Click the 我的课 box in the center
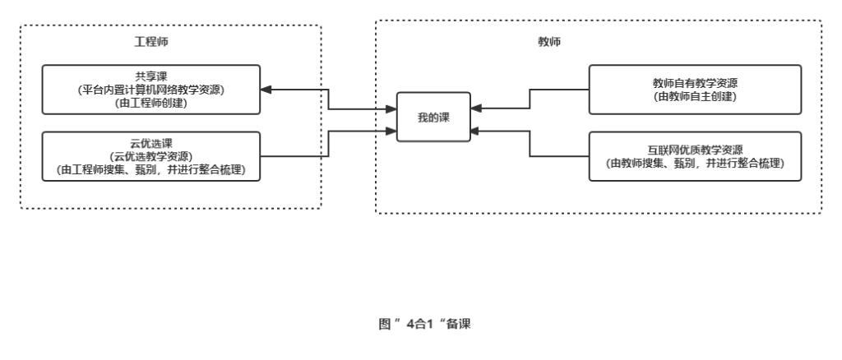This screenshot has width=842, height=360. click(433, 118)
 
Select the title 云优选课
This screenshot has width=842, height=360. click(150, 141)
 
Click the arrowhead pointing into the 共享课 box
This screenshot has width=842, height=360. click(267, 89)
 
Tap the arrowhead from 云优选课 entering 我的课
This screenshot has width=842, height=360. click(391, 130)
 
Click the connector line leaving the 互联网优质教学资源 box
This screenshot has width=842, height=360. click(559, 155)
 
